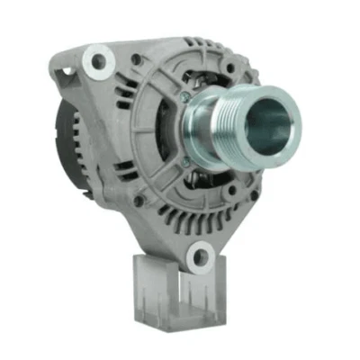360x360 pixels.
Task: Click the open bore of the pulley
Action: pyautogui.click(x=272, y=120)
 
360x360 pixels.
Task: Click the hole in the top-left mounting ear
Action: pyautogui.click(x=94, y=60)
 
